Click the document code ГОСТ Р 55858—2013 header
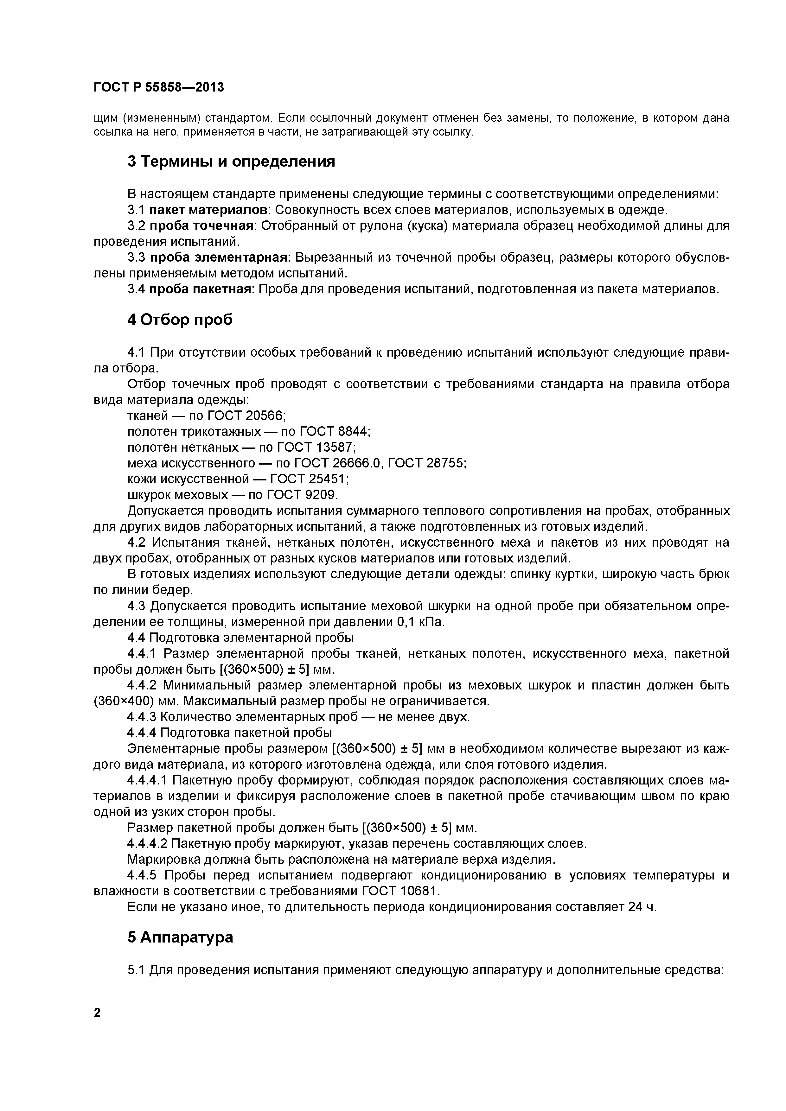pyautogui.click(x=159, y=88)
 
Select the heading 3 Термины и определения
pyautogui.click(x=231, y=162)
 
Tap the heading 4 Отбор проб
pyautogui.click(x=180, y=320)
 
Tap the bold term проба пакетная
pyautogui.click(x=200, y=289)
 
